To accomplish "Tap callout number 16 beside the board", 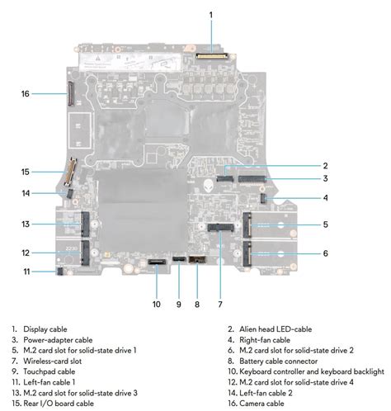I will pyautogui.click(x=26, y=94).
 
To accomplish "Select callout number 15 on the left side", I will pyautogui.click(x=26, y=172).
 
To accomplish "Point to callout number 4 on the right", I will pyautogui.click(x=303, y=198).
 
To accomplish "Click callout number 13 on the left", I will pyautogui.click(x=26, y=224).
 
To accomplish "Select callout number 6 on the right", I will pyautogui.click(x=303, y=253).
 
